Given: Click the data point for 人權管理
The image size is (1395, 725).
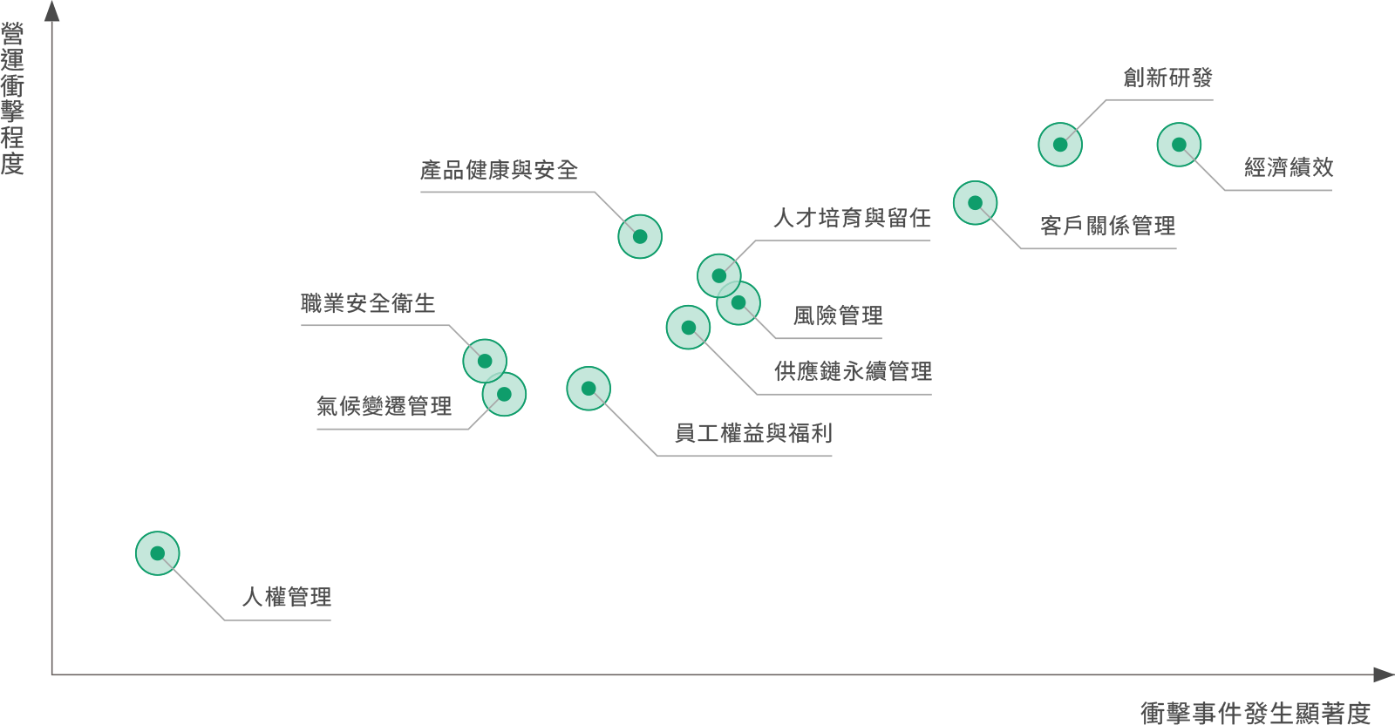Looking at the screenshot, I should pos(158,553).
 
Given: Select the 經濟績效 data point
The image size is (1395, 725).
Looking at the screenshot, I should pos(1179,145).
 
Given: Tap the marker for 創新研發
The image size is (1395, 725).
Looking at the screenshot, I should pos(1060,145).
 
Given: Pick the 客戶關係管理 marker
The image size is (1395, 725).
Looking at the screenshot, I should pos(976,203).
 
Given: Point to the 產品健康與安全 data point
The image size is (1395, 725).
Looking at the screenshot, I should pos(640,237).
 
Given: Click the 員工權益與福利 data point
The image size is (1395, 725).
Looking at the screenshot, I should pos(589,389).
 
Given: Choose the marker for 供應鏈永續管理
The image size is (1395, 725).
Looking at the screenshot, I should pos(689,328).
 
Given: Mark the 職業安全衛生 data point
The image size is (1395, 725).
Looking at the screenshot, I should pos(485,361).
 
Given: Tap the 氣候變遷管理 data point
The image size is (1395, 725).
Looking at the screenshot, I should pos(504,395).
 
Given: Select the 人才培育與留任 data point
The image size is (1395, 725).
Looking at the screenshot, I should pos(719,276).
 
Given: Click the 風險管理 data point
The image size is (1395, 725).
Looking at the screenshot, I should pos(738,303).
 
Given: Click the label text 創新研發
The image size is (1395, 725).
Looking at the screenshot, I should pos(1167,78).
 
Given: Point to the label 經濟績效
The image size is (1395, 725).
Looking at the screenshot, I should pos(1289,167).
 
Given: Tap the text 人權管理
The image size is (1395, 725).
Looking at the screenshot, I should pos(287,598).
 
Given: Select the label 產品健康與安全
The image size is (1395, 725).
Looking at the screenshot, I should pos(499,170).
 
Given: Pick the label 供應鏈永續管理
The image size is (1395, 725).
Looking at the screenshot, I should pos(853,372).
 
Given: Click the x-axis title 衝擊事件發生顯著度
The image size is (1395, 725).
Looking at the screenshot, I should pos(1255,712).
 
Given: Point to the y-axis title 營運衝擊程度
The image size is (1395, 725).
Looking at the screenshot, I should pos(13,99).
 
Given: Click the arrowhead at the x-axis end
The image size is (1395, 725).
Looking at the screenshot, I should pos(1384,674).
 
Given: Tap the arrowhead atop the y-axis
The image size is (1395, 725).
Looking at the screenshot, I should pos(52,10).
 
